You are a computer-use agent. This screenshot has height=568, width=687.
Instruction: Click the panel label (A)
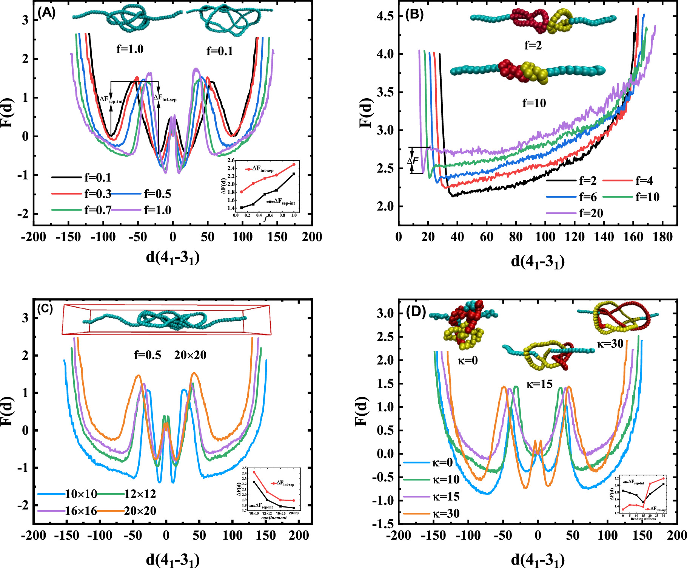click(47, 13)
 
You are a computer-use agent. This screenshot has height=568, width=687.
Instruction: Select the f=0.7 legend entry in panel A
click(97, 210)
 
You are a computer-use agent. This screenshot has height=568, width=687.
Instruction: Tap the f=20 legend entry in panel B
click(591, 214)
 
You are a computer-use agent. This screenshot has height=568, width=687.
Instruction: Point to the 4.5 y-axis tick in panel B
click(385, 16)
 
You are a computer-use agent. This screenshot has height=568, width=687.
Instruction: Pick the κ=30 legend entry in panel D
click(446, 514)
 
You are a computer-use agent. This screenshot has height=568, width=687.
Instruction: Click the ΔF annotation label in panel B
click(413, 161)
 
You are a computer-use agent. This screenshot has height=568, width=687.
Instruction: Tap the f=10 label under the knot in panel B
click(534, 103)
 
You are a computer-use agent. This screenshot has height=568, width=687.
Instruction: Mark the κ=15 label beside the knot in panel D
click(539, 384)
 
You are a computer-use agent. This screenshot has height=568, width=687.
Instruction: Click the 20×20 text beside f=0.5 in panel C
click(190, 355)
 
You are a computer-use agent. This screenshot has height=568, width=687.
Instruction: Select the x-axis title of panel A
click(173, 258)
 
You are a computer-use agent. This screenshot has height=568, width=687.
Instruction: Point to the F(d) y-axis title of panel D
click(362, 411)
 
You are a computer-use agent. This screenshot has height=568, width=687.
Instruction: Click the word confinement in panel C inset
click(274, 518)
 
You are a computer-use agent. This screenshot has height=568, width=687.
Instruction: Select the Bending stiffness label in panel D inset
click(643, 519)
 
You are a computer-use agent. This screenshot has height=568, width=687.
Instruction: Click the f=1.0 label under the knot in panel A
click(130, 49)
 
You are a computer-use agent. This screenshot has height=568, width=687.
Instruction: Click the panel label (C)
click(45, 309)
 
